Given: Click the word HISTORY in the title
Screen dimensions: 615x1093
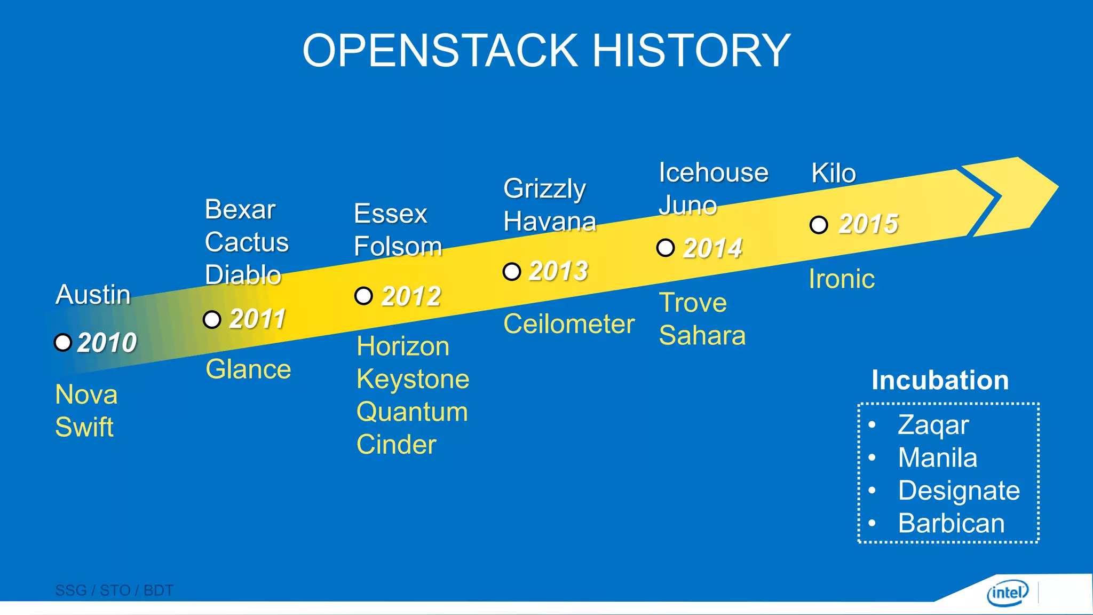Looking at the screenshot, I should point(691,51).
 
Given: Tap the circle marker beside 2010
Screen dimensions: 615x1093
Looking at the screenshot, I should point(63,342).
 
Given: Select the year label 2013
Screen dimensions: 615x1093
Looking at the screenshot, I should point(558,271).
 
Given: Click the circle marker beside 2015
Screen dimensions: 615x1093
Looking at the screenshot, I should point(819,225).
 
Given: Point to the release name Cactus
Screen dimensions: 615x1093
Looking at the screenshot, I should point(247,242).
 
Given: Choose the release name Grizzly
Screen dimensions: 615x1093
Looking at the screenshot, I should point(544,189).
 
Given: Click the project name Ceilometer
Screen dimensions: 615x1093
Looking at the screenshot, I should point(569,324).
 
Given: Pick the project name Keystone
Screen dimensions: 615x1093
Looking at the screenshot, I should point(413,380).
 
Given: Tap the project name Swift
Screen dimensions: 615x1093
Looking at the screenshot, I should point(84,427).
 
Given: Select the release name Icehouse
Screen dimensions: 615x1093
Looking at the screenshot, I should point(714,173).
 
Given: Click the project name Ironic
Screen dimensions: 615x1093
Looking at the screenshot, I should point(842,279).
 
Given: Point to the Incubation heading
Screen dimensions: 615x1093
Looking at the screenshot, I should point(940,380).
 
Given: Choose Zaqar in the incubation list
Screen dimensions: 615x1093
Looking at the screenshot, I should point(933,425).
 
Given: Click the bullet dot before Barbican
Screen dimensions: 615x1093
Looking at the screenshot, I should point(872,523).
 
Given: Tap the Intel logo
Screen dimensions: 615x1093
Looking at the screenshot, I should point(1007,593).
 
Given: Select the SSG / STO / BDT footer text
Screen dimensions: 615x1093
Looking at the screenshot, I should point(114,590).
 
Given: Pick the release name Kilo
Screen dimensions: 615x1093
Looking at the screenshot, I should point(834,174).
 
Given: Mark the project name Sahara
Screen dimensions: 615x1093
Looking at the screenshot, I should point(702,336).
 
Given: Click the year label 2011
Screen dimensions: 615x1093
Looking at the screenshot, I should point(257,319).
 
